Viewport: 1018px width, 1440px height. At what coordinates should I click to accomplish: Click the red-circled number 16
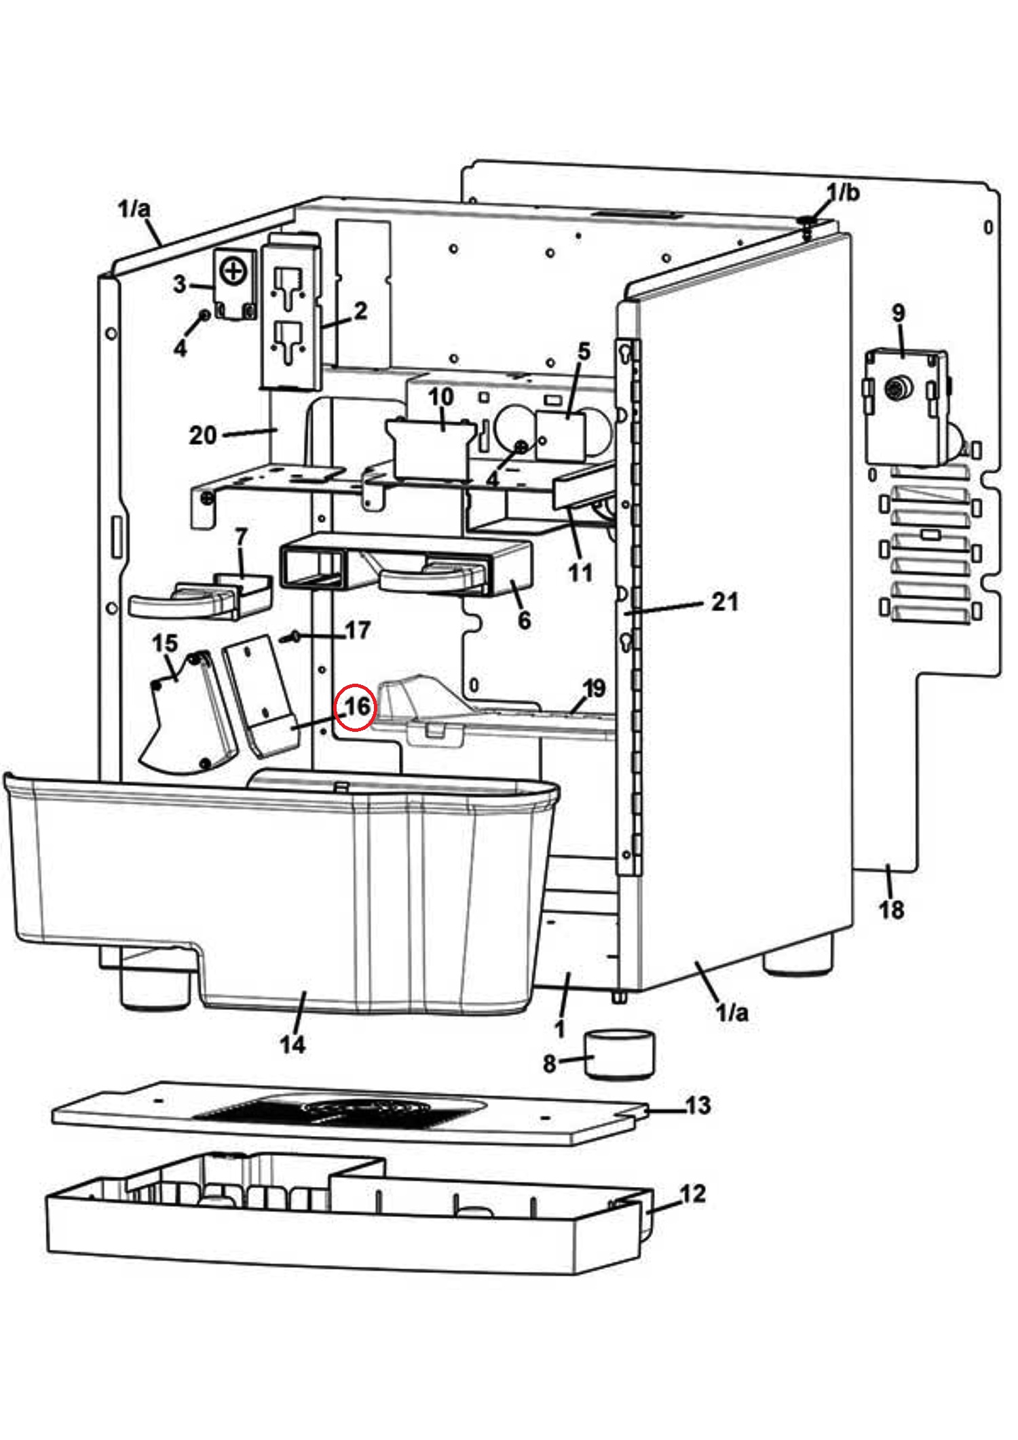click(x=357, y=707)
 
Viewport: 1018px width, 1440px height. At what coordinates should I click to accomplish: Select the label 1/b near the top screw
click(x=843, y=193)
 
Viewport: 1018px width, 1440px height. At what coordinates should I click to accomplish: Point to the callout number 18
click(x=891, y=909)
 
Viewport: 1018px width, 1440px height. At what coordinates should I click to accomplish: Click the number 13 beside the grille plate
click(x=698, y=1105)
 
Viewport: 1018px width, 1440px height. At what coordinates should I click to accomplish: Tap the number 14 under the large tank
click(x=293, y=1045)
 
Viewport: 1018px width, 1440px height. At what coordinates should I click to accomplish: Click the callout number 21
click(x=724, y=601)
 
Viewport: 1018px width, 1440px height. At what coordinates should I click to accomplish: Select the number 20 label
click(x=202, y=435)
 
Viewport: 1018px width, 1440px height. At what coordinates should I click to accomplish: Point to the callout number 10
click(x=440, y=397)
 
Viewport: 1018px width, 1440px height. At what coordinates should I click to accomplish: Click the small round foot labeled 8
click(x=620, y=1054)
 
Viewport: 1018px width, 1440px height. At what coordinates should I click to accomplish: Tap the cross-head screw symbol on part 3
click(x=233, y=272)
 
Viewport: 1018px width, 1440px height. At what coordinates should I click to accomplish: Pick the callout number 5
click(x=584, y=351)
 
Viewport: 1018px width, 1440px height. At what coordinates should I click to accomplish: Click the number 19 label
click(x=594, y=688)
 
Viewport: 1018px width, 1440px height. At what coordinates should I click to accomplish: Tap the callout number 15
click(x=165, y=643)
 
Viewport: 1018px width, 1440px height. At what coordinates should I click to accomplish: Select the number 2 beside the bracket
click(x=360, y=311)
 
